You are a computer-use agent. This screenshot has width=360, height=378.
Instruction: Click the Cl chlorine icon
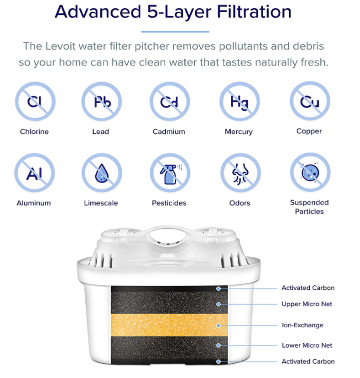35,101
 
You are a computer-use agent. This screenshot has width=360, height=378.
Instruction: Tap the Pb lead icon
102,101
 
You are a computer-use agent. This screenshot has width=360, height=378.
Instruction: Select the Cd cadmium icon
170,101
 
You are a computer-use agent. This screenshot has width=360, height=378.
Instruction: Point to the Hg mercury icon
239,101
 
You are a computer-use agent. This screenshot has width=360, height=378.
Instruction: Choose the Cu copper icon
310,101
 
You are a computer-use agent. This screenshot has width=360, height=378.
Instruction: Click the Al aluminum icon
35,172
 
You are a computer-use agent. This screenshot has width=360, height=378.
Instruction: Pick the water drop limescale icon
102,172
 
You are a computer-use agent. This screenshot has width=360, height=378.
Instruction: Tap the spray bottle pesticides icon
170,172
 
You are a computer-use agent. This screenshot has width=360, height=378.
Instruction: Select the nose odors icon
241,172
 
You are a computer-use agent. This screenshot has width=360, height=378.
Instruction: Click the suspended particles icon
310,172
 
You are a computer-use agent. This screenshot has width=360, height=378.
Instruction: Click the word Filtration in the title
254,12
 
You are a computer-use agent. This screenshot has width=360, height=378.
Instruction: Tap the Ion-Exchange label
302,325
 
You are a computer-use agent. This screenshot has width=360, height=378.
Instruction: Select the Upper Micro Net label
307,304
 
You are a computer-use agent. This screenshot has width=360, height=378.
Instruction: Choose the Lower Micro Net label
307,345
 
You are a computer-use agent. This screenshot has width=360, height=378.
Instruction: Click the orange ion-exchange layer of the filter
170,325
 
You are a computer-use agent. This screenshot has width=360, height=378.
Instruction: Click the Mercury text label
239,132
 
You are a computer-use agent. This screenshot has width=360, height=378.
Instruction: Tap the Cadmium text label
169,132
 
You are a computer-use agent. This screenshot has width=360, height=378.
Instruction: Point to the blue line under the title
175,31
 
